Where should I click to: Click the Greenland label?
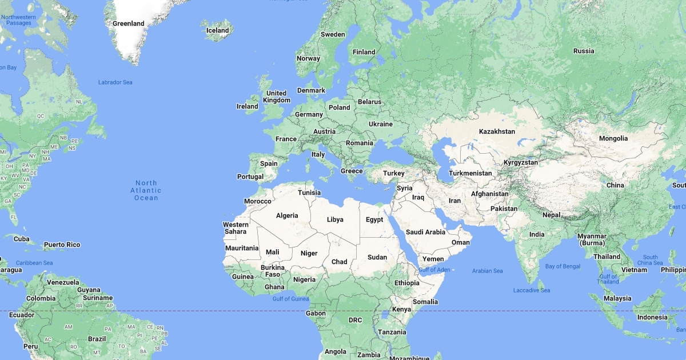[128, 24]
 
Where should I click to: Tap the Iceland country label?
[217, 31]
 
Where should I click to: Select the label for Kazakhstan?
[497, 131]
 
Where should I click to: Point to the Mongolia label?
[613, 138]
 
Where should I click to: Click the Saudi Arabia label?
[425, 232]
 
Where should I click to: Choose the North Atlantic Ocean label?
[146, 190]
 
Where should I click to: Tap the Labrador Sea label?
[115, 82]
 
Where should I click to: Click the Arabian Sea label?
[487, 271]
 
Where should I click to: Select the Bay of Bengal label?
[563, 266]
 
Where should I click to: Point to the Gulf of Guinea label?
[290, 299]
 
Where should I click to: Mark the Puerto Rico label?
[62, 245]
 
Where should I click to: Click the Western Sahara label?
[235, 228]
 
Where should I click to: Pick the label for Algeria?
[287, 215]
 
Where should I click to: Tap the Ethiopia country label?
[406, 283]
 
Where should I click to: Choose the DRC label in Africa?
[355, 320]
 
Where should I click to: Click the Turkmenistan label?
[470, 173]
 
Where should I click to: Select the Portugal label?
[250, 177]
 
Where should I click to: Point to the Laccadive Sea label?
[531, 290]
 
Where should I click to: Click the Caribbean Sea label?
[34, 263]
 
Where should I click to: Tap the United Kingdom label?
[277, 97]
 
